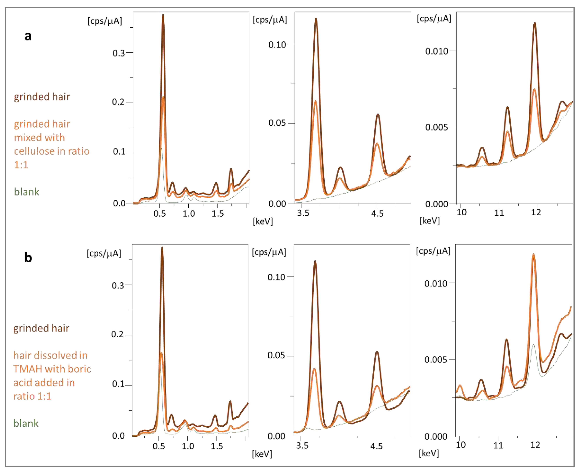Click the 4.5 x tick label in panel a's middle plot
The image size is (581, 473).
pyautogui.click(x=377, y=213)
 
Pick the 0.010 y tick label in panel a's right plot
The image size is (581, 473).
pyautogui.click(x=436, y=51)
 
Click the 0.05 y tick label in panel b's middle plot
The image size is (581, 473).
pyautogui.click(x=276, y=356)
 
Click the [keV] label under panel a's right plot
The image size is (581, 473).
pyautogui.click(x=429, y=221)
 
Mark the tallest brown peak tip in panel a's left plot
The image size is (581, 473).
pyautogui.click(x=163, y=15)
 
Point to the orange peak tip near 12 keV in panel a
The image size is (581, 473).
pyautogui.click(x=534, y=89)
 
